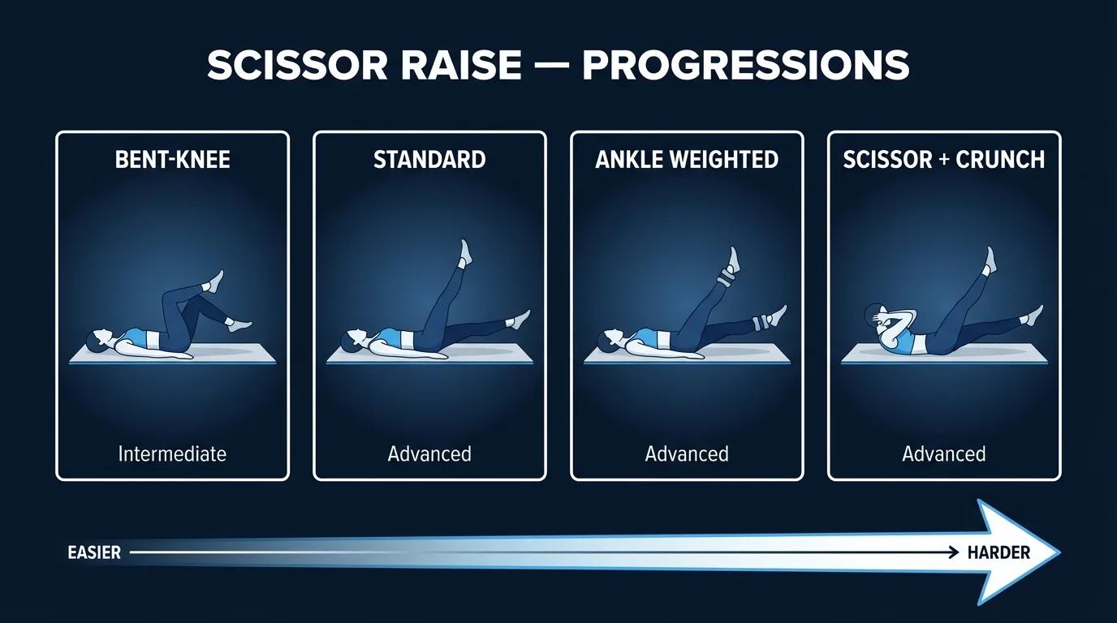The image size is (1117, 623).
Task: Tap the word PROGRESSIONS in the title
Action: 745,66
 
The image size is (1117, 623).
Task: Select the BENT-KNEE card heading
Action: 172,159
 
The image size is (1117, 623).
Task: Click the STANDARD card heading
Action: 429,159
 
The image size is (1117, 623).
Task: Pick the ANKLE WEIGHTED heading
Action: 687,159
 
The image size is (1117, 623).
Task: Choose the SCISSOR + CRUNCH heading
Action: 943,159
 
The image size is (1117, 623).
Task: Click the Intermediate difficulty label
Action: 172,453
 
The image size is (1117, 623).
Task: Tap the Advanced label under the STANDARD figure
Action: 429,453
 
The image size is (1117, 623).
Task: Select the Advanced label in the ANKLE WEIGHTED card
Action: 687,453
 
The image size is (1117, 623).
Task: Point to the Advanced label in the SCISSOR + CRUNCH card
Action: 943,453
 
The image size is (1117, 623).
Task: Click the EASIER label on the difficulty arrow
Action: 94,552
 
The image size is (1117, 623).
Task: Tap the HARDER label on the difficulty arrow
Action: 998,552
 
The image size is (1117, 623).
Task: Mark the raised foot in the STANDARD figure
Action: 465,251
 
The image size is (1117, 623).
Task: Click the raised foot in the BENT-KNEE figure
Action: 215,281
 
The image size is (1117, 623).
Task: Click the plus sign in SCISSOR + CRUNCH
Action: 943,159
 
